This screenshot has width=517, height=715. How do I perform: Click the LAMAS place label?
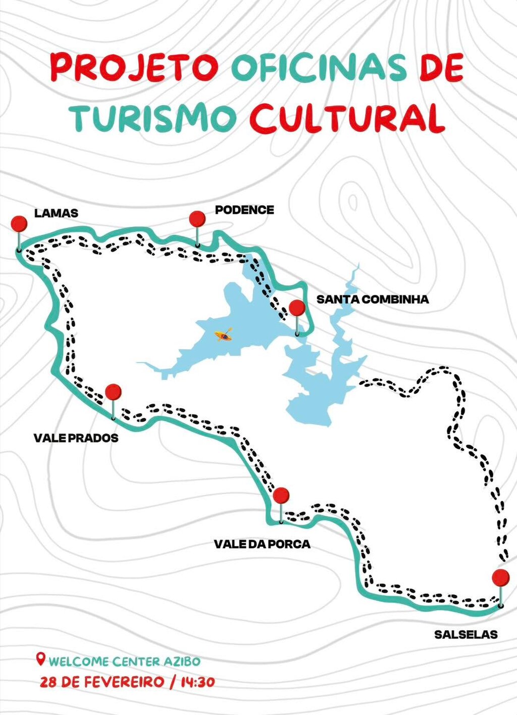coord(56,213)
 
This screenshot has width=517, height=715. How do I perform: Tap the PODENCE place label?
coord(244,210)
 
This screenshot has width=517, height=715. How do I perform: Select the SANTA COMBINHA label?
coord(373,299)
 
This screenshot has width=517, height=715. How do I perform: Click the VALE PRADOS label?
coord(76,438)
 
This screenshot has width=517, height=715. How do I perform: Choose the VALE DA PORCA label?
coord(262,544)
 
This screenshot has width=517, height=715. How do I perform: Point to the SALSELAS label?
coord(466,634)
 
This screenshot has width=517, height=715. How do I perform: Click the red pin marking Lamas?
coord(19,223)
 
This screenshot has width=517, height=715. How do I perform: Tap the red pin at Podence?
coord(197,219)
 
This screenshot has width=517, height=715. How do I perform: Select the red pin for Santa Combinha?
coord(296,308)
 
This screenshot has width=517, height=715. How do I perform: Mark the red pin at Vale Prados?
coord(113,392)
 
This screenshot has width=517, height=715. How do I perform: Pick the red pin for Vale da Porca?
coord(281,495)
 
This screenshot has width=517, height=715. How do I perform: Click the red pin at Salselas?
coord(500,577)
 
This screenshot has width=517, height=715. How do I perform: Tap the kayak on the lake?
coord(223,335)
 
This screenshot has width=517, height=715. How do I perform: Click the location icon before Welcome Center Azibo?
coord(41,659)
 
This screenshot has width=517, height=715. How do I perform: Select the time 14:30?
coord(197,682)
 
